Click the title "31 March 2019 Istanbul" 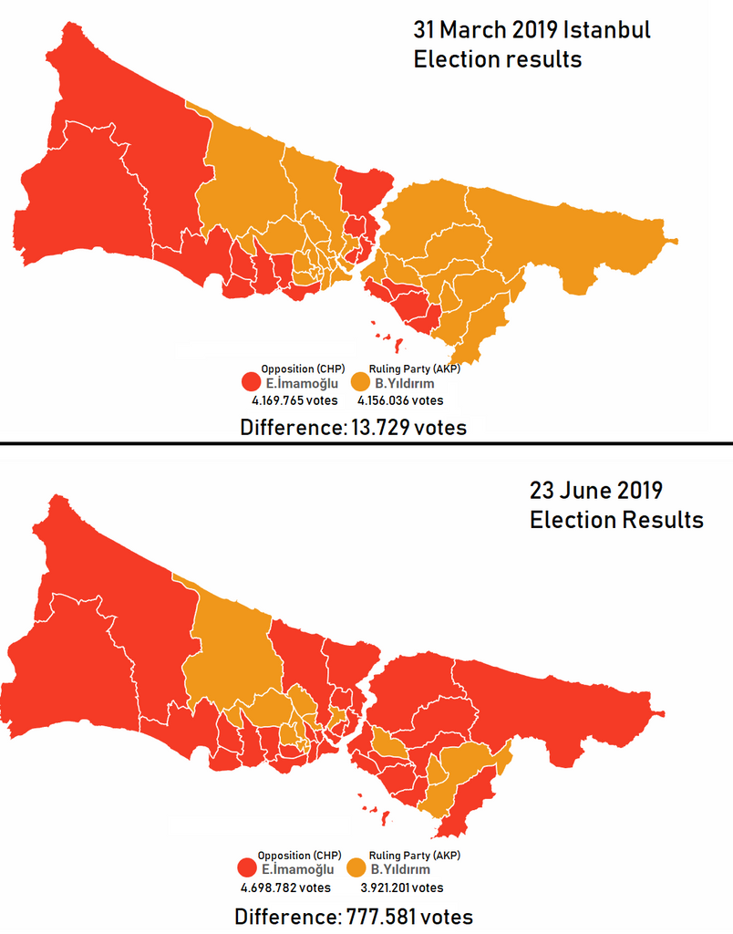[x=532, y=29]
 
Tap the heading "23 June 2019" [x=595, y=490]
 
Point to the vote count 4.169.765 [x=294, y=400]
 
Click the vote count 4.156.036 [x=400, y=400]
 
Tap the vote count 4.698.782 [x=285, y=887]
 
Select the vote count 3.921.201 [x=400, y=887]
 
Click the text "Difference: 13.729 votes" [x=353, y=427]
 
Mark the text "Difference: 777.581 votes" [x=353, y=916]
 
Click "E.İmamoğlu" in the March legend [x=301, y=384]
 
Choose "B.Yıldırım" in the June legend [x=402, y=870]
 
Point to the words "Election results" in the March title [x=497, y=60]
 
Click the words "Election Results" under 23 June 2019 [x=616, y=520]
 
